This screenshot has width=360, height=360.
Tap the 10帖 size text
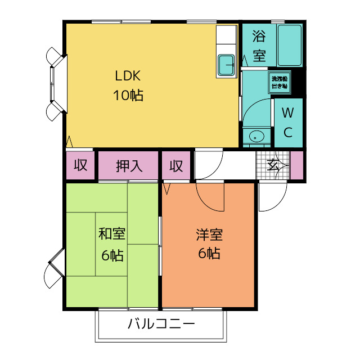coord(129,95)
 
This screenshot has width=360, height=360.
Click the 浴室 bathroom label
coord(259,47)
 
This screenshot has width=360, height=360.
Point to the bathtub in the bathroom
coord(290,46)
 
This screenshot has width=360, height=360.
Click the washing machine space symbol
coord(279,82)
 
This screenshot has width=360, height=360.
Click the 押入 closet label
coord(129,166)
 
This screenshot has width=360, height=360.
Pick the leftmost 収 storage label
coord(80,166)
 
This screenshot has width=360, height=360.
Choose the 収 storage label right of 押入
coord(177,166)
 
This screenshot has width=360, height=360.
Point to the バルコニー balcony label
coord(161,325)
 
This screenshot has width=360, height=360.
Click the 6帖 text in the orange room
coord(209,253)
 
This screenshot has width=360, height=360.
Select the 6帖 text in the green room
coord(112,255)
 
